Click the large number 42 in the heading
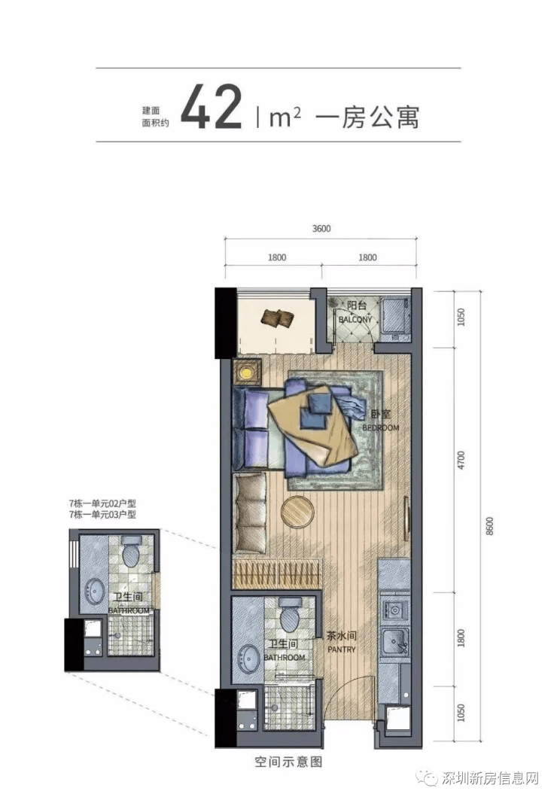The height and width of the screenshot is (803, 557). point(211,108)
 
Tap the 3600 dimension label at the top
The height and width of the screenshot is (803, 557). point(321,229)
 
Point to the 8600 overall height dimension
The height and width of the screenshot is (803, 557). point(489,527)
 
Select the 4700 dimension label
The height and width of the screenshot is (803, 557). point(461,461)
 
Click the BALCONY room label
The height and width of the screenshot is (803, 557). point(355,320)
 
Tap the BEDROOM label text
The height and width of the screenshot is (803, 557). point(381,427)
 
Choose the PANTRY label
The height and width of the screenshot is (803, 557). point(341,649)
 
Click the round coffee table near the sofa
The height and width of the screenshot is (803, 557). point(298,512)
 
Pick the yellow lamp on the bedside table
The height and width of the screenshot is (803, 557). point(248,373)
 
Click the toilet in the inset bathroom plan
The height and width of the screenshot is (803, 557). point(132,552)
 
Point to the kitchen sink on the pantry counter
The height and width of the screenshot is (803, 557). point(395,640)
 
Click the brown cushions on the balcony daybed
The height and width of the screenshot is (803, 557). point(277,318)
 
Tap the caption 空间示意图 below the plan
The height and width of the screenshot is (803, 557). point(288,762)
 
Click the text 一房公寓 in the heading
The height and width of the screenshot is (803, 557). point(367,116)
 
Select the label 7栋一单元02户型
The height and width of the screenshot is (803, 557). point(102,504)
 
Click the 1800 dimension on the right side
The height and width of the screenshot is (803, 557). point(461,638)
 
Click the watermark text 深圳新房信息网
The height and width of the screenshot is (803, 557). point(490,779)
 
